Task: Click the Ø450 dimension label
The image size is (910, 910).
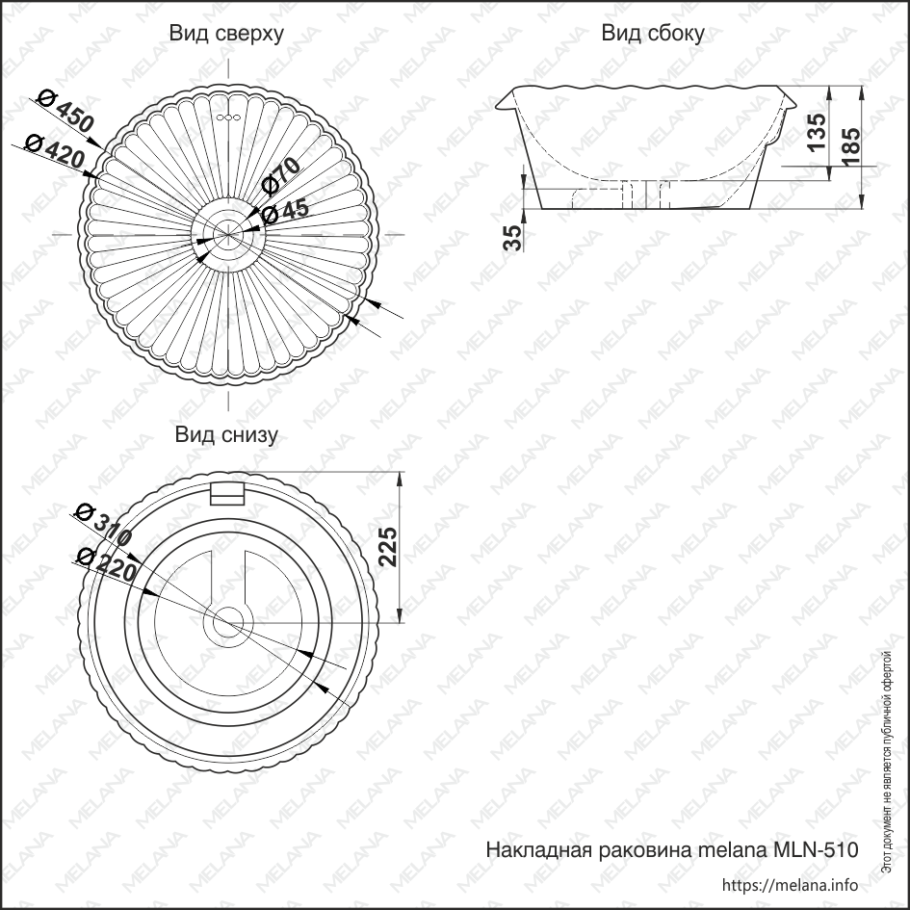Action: coord(65,112)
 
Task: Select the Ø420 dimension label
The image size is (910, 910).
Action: coord(55,150)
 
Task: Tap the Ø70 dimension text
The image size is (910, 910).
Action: coord(281,176)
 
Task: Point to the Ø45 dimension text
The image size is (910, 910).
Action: coord(286,212)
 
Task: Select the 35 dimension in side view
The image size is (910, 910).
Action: coord(512,238)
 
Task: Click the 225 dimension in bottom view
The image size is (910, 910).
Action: coord(386,547)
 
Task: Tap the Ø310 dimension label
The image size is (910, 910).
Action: coord(104,525)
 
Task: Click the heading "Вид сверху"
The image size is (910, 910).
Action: coord(226,34)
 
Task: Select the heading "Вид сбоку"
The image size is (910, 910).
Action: coord(653,33)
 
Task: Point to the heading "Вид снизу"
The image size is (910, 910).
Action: coord(226,434)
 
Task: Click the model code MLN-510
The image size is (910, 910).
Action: coord(816,850)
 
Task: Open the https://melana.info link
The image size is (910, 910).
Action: coord(790,885)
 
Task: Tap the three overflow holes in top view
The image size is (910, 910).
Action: coord(228,117)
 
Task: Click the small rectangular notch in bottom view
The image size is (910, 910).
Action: coord(227,494)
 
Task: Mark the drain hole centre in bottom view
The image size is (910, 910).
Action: coord(227,623)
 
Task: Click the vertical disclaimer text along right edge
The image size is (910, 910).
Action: coord(886,762)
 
